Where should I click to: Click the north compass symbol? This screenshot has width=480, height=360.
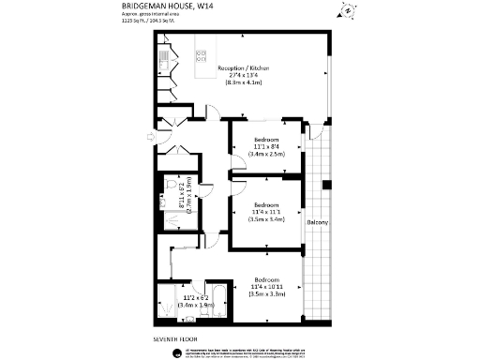tap(346, 13)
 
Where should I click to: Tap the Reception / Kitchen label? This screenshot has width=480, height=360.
tap(244, 68)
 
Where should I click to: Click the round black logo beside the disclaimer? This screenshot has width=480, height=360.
tap(178, 351)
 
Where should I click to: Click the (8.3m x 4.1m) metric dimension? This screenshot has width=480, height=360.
tap(245, 84)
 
